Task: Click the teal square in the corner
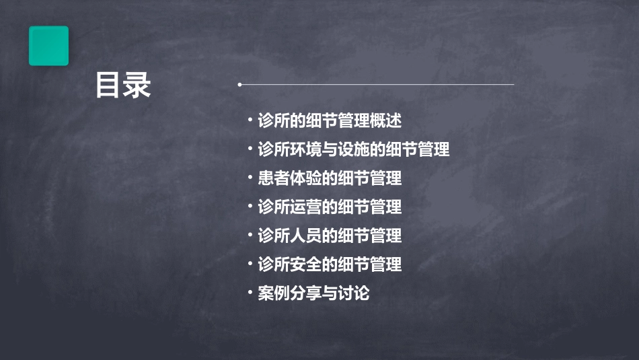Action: (48, 46)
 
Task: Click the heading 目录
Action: (123, 85)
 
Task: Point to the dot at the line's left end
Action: (239, 85)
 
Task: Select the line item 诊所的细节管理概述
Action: (330, 121)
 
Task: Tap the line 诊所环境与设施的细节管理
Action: (354, 149)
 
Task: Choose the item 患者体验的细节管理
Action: (330, 178)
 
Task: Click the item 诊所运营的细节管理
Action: (330, 207)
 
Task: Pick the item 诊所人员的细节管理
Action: (330, 236)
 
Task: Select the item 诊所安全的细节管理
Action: (330, 264)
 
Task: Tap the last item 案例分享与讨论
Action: (313, 293)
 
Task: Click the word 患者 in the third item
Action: (274, 178)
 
